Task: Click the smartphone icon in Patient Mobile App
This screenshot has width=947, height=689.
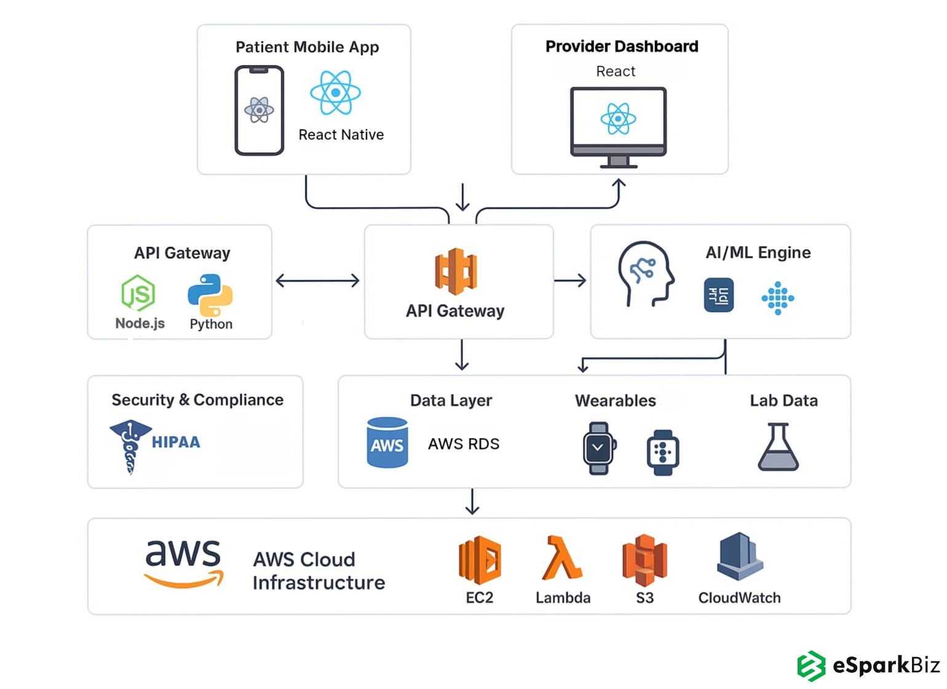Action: click(x=259, y=111)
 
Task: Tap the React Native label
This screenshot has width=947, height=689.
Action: click(x=341, y=135)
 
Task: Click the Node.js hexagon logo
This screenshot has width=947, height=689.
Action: click(x=138, y=293)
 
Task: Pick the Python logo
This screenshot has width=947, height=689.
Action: click(x=210, y=295)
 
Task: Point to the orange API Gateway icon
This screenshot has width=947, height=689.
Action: click(x=456, y=271)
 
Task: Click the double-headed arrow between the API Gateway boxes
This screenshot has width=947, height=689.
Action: click(x=317, y=281)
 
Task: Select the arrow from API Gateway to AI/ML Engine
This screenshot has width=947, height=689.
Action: click(x=571, y=281)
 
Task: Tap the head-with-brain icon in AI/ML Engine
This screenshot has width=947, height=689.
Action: click(x=645, y=274)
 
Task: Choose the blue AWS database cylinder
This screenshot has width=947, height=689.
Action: click(x=387, y=443)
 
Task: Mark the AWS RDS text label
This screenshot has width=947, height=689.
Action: click(x=464, y=444)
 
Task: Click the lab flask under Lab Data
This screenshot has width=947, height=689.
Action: click(x=778, y=447)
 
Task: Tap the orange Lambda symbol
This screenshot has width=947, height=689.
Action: click(x=561, y=559)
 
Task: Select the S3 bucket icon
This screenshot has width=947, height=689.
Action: click(x=644, y=560)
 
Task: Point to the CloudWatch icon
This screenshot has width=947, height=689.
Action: click(x=740, y=557)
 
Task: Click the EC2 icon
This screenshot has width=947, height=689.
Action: click(x=480, y=560)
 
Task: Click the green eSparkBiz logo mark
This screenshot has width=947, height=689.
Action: click(x=811, y=666)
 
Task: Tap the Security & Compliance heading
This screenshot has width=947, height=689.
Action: click(x=197, y=400)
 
